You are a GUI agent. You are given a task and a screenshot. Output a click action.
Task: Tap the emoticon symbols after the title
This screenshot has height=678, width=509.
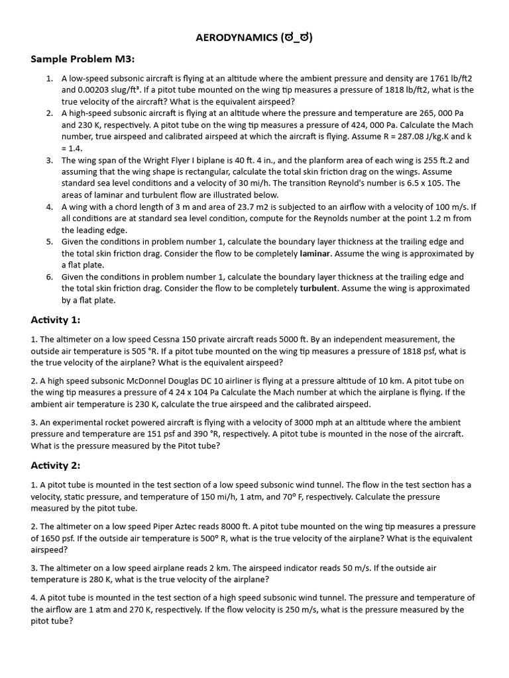(x=296, y=38)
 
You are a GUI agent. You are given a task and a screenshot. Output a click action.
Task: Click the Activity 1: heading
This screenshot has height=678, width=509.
(x=56, y=320)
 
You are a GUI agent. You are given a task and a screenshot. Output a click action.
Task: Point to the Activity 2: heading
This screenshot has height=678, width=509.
(x=56, y=465)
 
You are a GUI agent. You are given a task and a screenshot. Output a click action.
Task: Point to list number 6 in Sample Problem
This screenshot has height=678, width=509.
(x=50, y=277)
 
